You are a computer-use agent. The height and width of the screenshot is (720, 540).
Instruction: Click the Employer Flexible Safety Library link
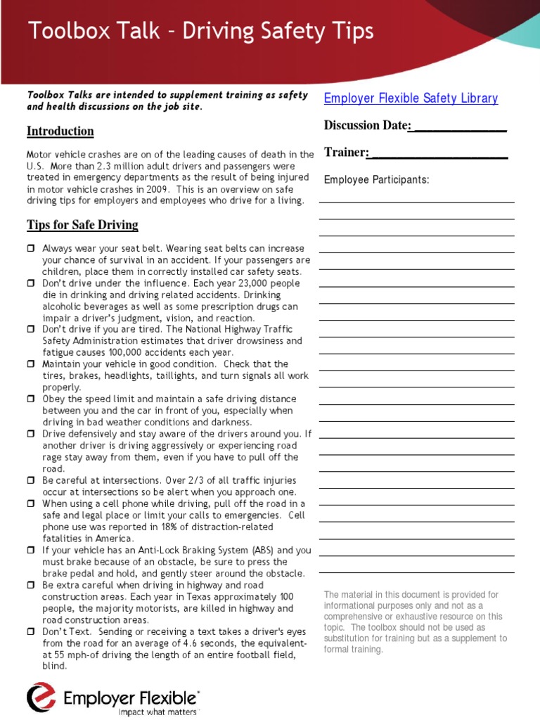tap(411, 98)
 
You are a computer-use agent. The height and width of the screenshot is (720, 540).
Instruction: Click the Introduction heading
tap(60, 131)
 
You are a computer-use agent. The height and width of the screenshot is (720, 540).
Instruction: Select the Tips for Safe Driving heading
tap(82, 225)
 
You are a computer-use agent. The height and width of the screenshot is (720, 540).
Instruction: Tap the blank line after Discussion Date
tap(458, 127)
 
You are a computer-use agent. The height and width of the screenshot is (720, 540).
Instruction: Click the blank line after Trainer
tap(438, 153)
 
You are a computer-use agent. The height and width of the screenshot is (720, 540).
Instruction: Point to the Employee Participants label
tap(376, 180)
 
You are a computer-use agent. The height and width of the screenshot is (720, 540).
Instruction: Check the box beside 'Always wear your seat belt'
tap(31, 249)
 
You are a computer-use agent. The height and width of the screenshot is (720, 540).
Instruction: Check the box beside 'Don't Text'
tap(31, 632)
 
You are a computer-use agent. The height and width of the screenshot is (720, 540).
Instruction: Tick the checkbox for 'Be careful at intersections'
tap(31, 480)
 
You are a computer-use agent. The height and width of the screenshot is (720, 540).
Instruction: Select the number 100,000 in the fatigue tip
tap(116, 352)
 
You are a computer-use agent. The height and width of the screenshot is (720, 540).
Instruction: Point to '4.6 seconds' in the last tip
tap(208, 643)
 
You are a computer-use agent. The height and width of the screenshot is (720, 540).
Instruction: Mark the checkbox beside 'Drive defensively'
tap(31, 434)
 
